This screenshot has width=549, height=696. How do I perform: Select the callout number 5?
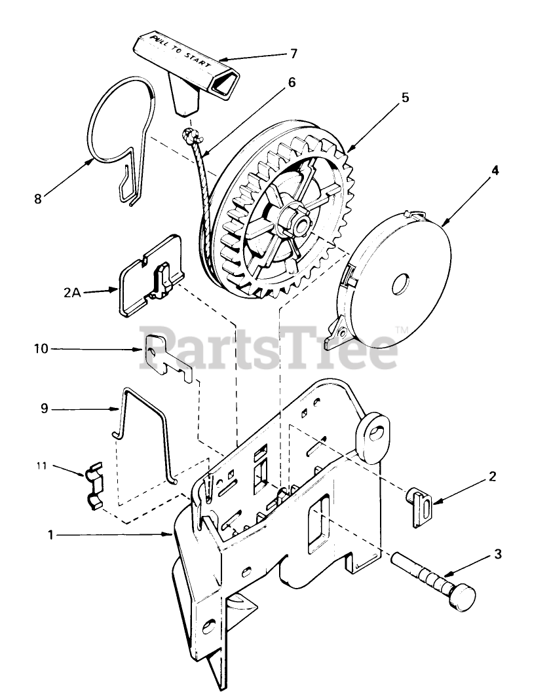click(x=405, y=98)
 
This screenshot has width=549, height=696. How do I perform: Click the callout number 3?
click(x=498, y=555)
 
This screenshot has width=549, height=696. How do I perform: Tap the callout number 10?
click(x=41, y=349)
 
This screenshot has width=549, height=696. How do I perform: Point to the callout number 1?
click(x=50, y=535)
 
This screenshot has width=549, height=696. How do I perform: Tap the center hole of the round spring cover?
click(x=398, y=286)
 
